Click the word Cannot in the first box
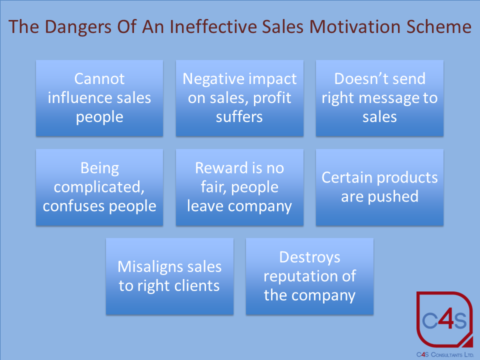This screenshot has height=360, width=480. click(x=99, y=79)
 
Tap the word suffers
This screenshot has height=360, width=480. click(x=239, y=117)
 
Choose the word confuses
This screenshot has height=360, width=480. click(x=73, y=206)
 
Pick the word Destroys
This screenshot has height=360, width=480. click(x=309, y=257)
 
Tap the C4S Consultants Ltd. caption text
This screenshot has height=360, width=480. click(x=445, y=354)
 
